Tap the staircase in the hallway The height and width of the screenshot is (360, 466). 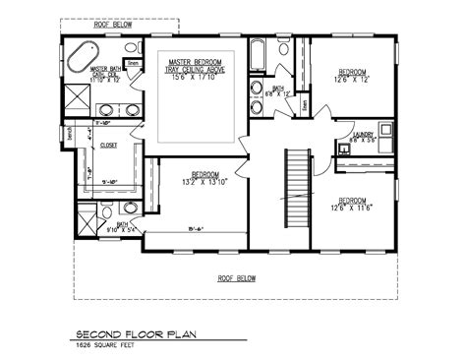(293, 187)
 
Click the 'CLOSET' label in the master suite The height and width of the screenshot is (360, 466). (110, 145)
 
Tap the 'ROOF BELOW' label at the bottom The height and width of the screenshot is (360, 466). (237, 278)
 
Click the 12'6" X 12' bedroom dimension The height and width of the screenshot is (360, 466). (352, 81)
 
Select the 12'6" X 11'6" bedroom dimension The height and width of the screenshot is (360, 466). (352, 208)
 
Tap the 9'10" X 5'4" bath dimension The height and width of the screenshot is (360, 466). (125, 230)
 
